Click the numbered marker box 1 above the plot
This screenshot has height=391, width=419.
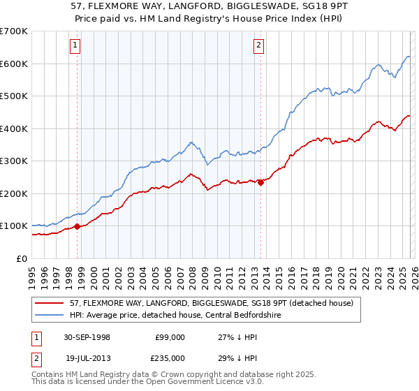tap(75, 46)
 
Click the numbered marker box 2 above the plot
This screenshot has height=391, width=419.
tap(258, 46)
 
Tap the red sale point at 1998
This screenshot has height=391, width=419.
tap(78, 226)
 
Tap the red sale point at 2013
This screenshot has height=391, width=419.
tap(260, 182)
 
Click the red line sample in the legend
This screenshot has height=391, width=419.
tap(49, 303)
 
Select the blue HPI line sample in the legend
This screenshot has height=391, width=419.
tap(49, 316)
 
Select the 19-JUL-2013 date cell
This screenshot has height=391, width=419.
tap(85, 357)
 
